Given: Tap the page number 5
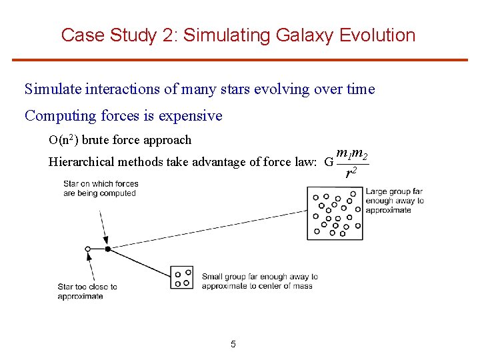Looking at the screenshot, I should tap(233, 345).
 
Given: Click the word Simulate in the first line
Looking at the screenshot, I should tap(53, 89).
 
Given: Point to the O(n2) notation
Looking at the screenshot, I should tap(63, 140).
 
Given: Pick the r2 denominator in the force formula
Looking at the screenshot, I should tap(350, 174).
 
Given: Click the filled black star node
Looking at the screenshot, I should tap(107, 249).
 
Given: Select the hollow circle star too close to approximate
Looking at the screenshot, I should tap(87, 249).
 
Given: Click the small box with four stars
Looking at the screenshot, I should tap(182, 277).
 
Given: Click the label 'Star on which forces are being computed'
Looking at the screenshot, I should tap(101, 189).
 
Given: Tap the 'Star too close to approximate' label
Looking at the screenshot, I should tap(87, 291).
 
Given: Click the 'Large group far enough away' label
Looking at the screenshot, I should tap(395, 201).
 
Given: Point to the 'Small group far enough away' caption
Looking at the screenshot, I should tap(259, 281).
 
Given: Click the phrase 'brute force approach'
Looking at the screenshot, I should tap(136, 140).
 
